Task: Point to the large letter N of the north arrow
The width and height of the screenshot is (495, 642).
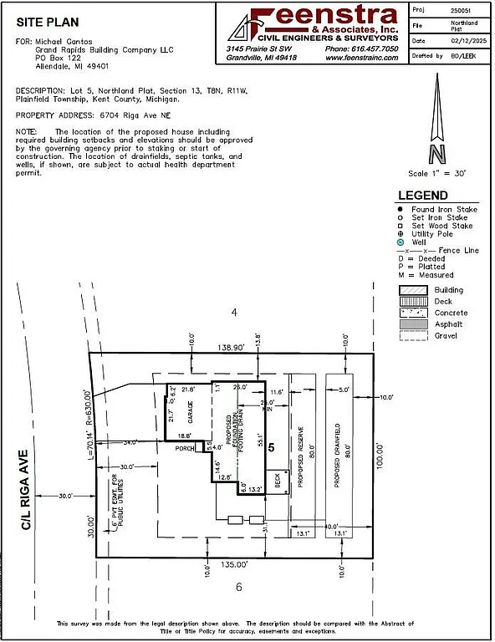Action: coord(436,154)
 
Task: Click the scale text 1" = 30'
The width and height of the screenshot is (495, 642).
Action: coord(436,173)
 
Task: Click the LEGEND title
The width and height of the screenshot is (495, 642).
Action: coord(426,196)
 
